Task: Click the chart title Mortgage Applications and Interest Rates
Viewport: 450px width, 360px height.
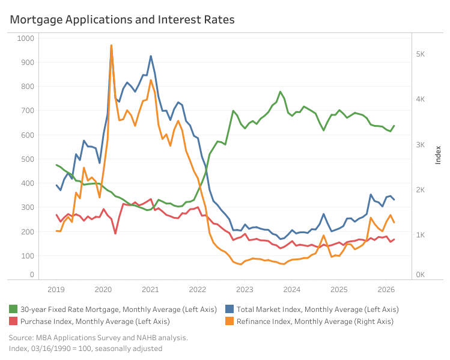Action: (122, 20)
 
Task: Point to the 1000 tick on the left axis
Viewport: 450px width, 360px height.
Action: (26, 38)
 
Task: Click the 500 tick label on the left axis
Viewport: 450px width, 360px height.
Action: (28, 159)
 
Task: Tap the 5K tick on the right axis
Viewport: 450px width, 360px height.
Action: (422, 54)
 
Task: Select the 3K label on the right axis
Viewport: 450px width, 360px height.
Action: (422, 145)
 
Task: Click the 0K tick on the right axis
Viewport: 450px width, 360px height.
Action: (422, 275)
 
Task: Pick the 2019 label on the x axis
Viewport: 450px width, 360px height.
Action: (56, 289)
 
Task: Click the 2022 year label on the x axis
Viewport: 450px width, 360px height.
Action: (198, 289)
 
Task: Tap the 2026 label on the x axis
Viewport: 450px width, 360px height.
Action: (386, 289)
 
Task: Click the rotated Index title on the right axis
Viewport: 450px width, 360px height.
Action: (438, 154)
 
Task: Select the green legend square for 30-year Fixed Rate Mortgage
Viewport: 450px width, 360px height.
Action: (13, 309)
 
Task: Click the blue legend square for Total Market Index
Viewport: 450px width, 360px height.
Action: (230, 309)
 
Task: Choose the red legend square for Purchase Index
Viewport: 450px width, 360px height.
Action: (13, 322)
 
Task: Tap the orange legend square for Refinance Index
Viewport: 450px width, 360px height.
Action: (230, 322)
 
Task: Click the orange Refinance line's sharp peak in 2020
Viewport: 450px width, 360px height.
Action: (111, 45)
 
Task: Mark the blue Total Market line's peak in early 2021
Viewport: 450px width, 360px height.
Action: (151, 56)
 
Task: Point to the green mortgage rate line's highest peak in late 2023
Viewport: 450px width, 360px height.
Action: (281, 92)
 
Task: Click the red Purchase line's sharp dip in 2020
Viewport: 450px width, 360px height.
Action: (115, 233)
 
